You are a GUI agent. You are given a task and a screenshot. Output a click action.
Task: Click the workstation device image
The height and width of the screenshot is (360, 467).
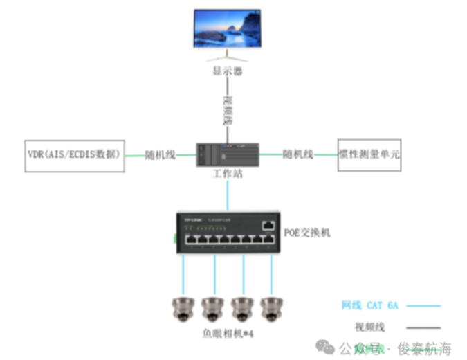228,154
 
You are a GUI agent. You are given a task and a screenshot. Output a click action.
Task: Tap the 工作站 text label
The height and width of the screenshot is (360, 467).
228,174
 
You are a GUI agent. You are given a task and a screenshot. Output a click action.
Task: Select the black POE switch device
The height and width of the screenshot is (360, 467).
228,229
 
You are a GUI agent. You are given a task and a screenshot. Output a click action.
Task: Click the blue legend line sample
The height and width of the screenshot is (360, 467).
423,305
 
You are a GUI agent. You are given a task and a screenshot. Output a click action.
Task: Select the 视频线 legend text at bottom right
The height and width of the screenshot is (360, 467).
369,327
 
